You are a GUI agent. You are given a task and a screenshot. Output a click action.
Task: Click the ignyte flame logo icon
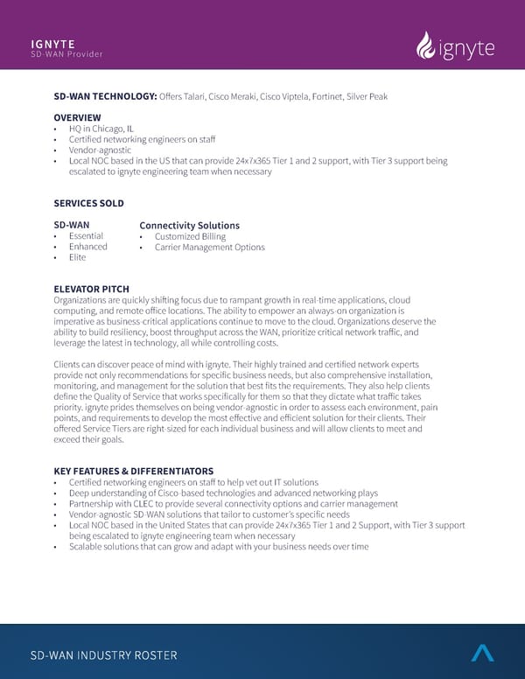(x=426, y=47)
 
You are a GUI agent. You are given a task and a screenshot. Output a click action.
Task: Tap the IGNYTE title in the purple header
(x=52, y=43)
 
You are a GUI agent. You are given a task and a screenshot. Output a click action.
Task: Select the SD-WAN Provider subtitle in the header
(x=66, y=54)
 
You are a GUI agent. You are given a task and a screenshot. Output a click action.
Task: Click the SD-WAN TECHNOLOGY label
(x=105, y=95)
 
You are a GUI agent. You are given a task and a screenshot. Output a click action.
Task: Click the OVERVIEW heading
(x=77, y=117)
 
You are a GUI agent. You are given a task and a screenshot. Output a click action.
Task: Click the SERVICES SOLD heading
(x=88, y=203)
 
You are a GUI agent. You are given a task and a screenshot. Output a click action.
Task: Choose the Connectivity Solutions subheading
(x=189, y=226)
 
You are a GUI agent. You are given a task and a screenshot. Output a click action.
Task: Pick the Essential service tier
(x=86, y=236)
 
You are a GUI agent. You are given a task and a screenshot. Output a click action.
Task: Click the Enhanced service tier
(x=87, y=247)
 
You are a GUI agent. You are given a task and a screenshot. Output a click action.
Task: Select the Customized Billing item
(x=190, y=236)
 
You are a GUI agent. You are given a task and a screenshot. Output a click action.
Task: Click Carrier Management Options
(x=209, y=248)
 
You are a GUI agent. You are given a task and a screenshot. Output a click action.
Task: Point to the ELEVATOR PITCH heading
(x=91, y=289)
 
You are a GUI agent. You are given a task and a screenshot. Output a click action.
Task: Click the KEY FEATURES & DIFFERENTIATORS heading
(x=133, y=471)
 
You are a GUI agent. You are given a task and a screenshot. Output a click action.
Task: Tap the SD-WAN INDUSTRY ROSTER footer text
(x=103, y=655)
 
